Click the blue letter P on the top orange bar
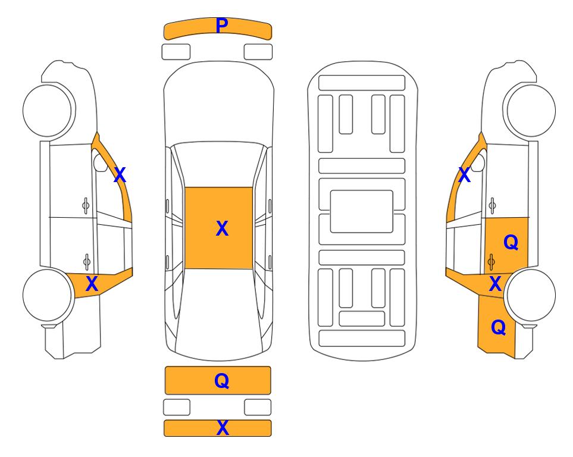coord(222,25)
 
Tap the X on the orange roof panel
coord(222,228)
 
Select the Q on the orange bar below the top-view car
coord(222,381)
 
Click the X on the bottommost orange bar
coord(223,427)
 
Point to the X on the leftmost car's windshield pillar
coord(120,175)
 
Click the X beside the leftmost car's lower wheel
coord(92,283)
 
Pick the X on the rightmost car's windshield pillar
coord(464,175)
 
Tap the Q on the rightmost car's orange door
coord(511,242)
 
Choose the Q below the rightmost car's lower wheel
coord(499,327)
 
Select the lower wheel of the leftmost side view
coord(48,295)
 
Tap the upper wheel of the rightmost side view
coord(530,111)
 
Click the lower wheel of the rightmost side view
coord(530,295)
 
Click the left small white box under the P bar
coord(176,52)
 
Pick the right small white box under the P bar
coord(258,52)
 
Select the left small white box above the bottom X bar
coord(177,407)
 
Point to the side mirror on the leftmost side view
coord(100,162)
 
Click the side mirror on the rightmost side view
coord(478,162)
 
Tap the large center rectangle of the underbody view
coord(361,211)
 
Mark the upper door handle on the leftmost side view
coord(86,206)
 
